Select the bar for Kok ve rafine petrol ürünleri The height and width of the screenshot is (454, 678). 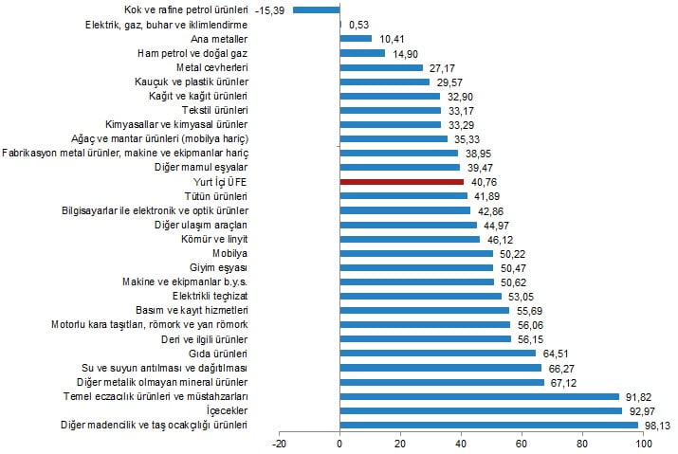click(x=317, y=9)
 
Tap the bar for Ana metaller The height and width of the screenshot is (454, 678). click(x=356, y=38)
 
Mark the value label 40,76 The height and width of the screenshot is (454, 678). click(x=483, y=181)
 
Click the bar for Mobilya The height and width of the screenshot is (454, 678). click(x=416, y=253)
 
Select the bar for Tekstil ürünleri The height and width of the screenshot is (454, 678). click(x=390, y=110)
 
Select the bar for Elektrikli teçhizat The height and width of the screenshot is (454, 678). click(x=420, y=296)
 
